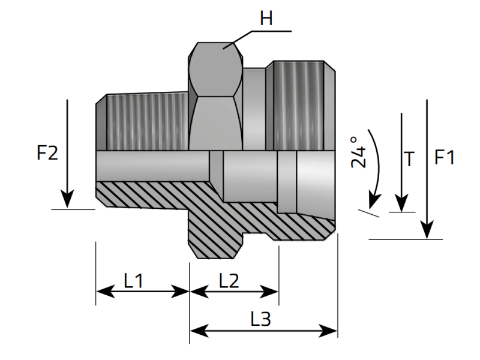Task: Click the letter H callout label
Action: coord(266,19)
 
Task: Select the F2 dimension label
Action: coord(47,153)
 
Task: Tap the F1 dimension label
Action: coord(444,157)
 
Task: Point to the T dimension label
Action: coord(409,158)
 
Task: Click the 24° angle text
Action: coord(358,152)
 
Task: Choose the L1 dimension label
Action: coord(133,281)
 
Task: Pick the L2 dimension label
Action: coord(229,281)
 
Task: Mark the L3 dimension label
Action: coord(261,319)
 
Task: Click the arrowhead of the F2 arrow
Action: coord(67,199)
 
